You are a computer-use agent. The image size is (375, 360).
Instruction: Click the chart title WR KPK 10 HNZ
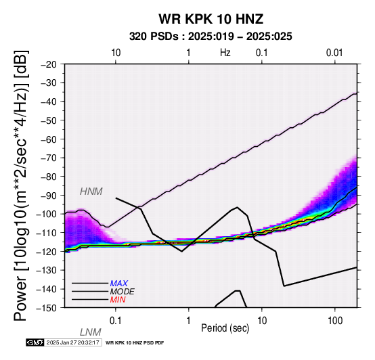click(211, 19)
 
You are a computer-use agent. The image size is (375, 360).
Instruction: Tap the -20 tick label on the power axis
click(49, 64)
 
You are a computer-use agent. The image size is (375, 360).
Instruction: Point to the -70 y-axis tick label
click(49, 158)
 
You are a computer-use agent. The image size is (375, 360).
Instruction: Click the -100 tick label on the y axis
click(47, 214)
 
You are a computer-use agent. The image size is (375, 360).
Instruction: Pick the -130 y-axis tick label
click(47, 270)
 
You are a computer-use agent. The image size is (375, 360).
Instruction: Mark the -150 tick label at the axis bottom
click(47, 308)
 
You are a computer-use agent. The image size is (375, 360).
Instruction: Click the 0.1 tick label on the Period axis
click(116, 321)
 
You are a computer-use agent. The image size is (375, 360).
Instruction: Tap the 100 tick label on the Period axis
click(335, 321)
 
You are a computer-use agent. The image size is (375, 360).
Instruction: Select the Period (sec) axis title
click(225, 328)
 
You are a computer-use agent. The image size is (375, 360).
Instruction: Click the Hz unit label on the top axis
click(225, 53)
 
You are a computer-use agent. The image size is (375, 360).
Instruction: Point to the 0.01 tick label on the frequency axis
click(334, 53)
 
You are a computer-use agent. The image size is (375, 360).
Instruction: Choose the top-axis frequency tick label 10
click(116, 53)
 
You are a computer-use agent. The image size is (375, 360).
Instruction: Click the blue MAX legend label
click(119, 284)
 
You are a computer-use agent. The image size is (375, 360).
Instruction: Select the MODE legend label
click(123, 292)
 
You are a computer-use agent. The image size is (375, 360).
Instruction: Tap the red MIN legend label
click(118, 300)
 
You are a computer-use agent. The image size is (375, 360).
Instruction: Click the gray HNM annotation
click(91, 192)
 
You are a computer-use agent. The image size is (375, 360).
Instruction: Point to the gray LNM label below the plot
click(91, 332)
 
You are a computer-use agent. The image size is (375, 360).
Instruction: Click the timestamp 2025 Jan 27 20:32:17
click(72, 342)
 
